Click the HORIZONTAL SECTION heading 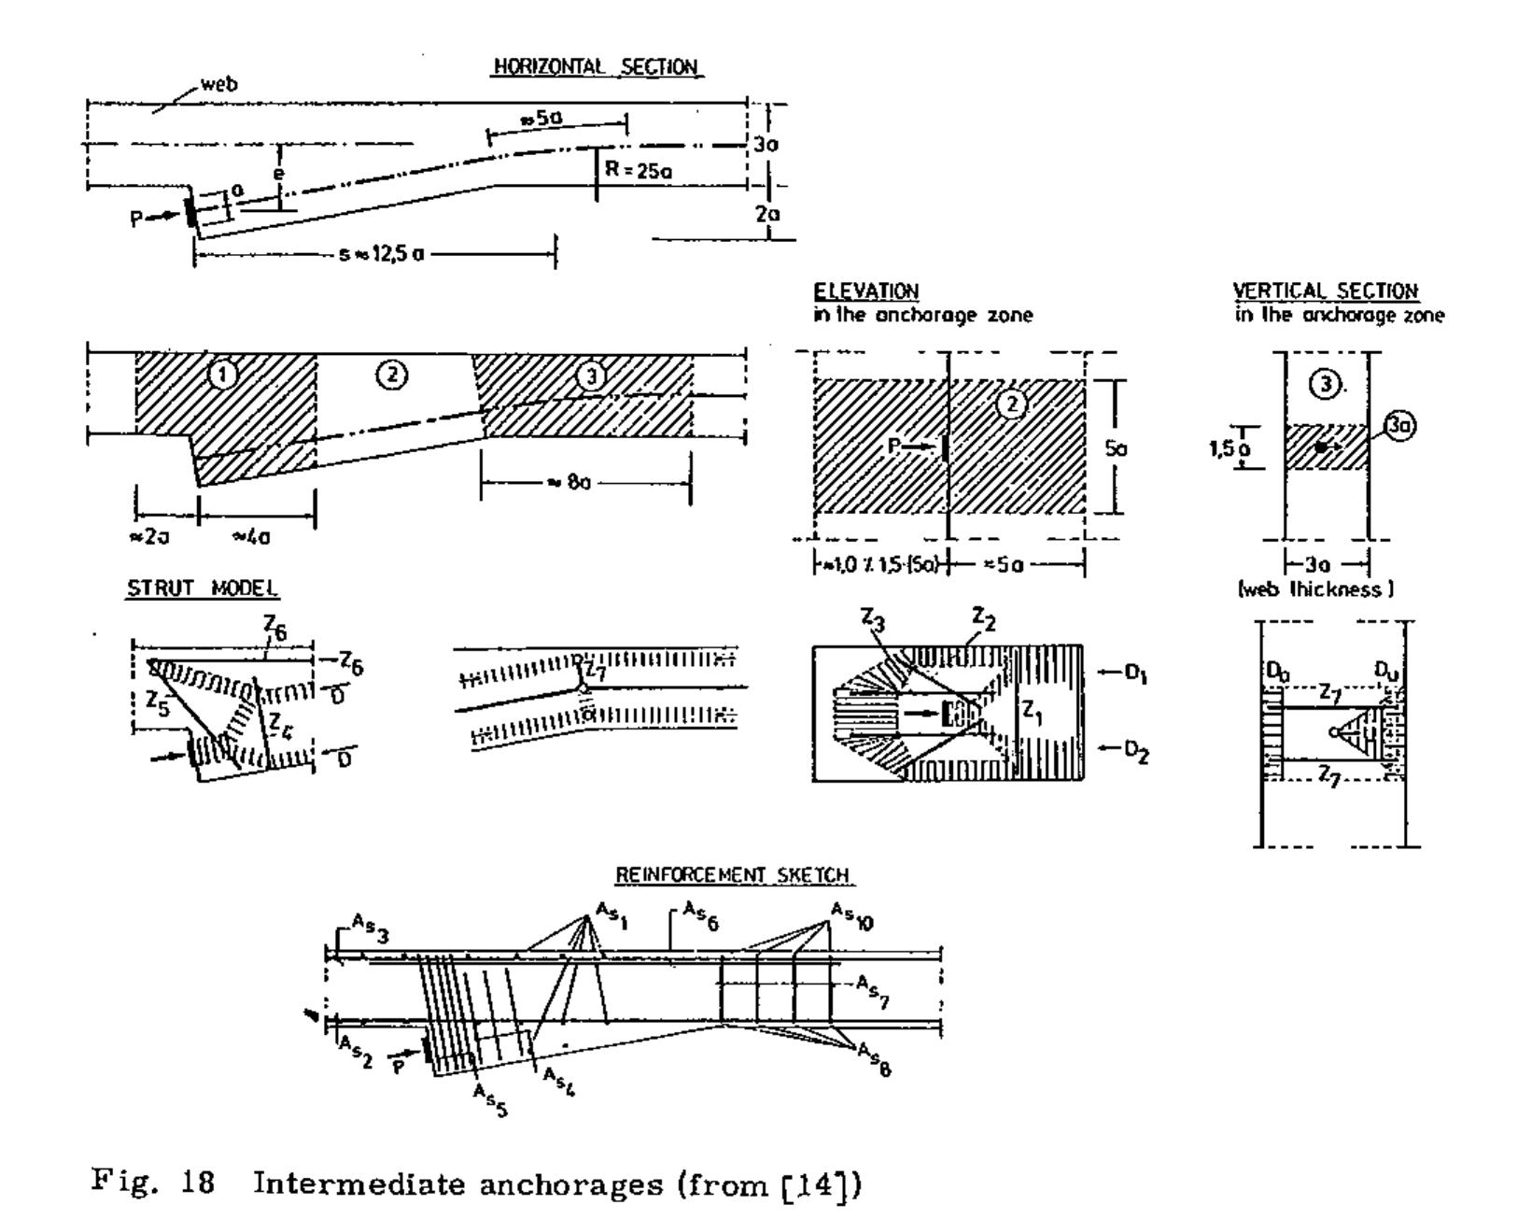click(597, 67)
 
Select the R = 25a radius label click(638, 171)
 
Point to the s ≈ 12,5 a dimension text click(381, 253)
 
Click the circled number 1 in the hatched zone click(222, 376)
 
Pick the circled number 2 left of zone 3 click(391, 376)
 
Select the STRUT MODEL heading click(203, 588)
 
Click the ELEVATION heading click(865, 291)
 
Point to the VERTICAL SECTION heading click(1325, 291)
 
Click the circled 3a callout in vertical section click(1399, 426)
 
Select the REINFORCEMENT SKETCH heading click(733, 875)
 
